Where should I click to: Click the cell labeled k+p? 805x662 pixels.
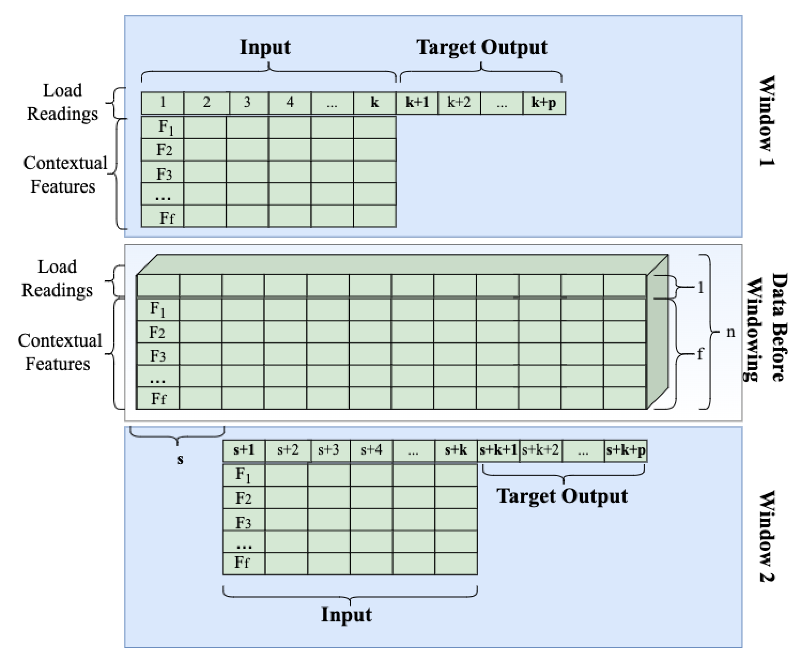[543, 103]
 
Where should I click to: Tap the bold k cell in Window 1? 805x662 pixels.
[374, 103]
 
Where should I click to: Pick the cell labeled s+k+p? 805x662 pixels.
[626, 450]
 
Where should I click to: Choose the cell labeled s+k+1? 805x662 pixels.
[498, 450]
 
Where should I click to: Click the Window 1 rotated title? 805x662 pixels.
[766, 121]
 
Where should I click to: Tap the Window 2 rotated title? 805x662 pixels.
[766, 536]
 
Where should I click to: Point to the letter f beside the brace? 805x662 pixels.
[700, 354]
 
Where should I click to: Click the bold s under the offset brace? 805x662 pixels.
[180, 459]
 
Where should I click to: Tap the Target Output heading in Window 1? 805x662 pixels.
[482, 47]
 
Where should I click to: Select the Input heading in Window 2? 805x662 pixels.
[346, 614]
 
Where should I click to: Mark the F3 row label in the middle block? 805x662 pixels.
[157, 356]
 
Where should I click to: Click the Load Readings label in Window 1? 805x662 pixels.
[62, 102]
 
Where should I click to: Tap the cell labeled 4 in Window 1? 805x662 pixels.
[290, 103]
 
